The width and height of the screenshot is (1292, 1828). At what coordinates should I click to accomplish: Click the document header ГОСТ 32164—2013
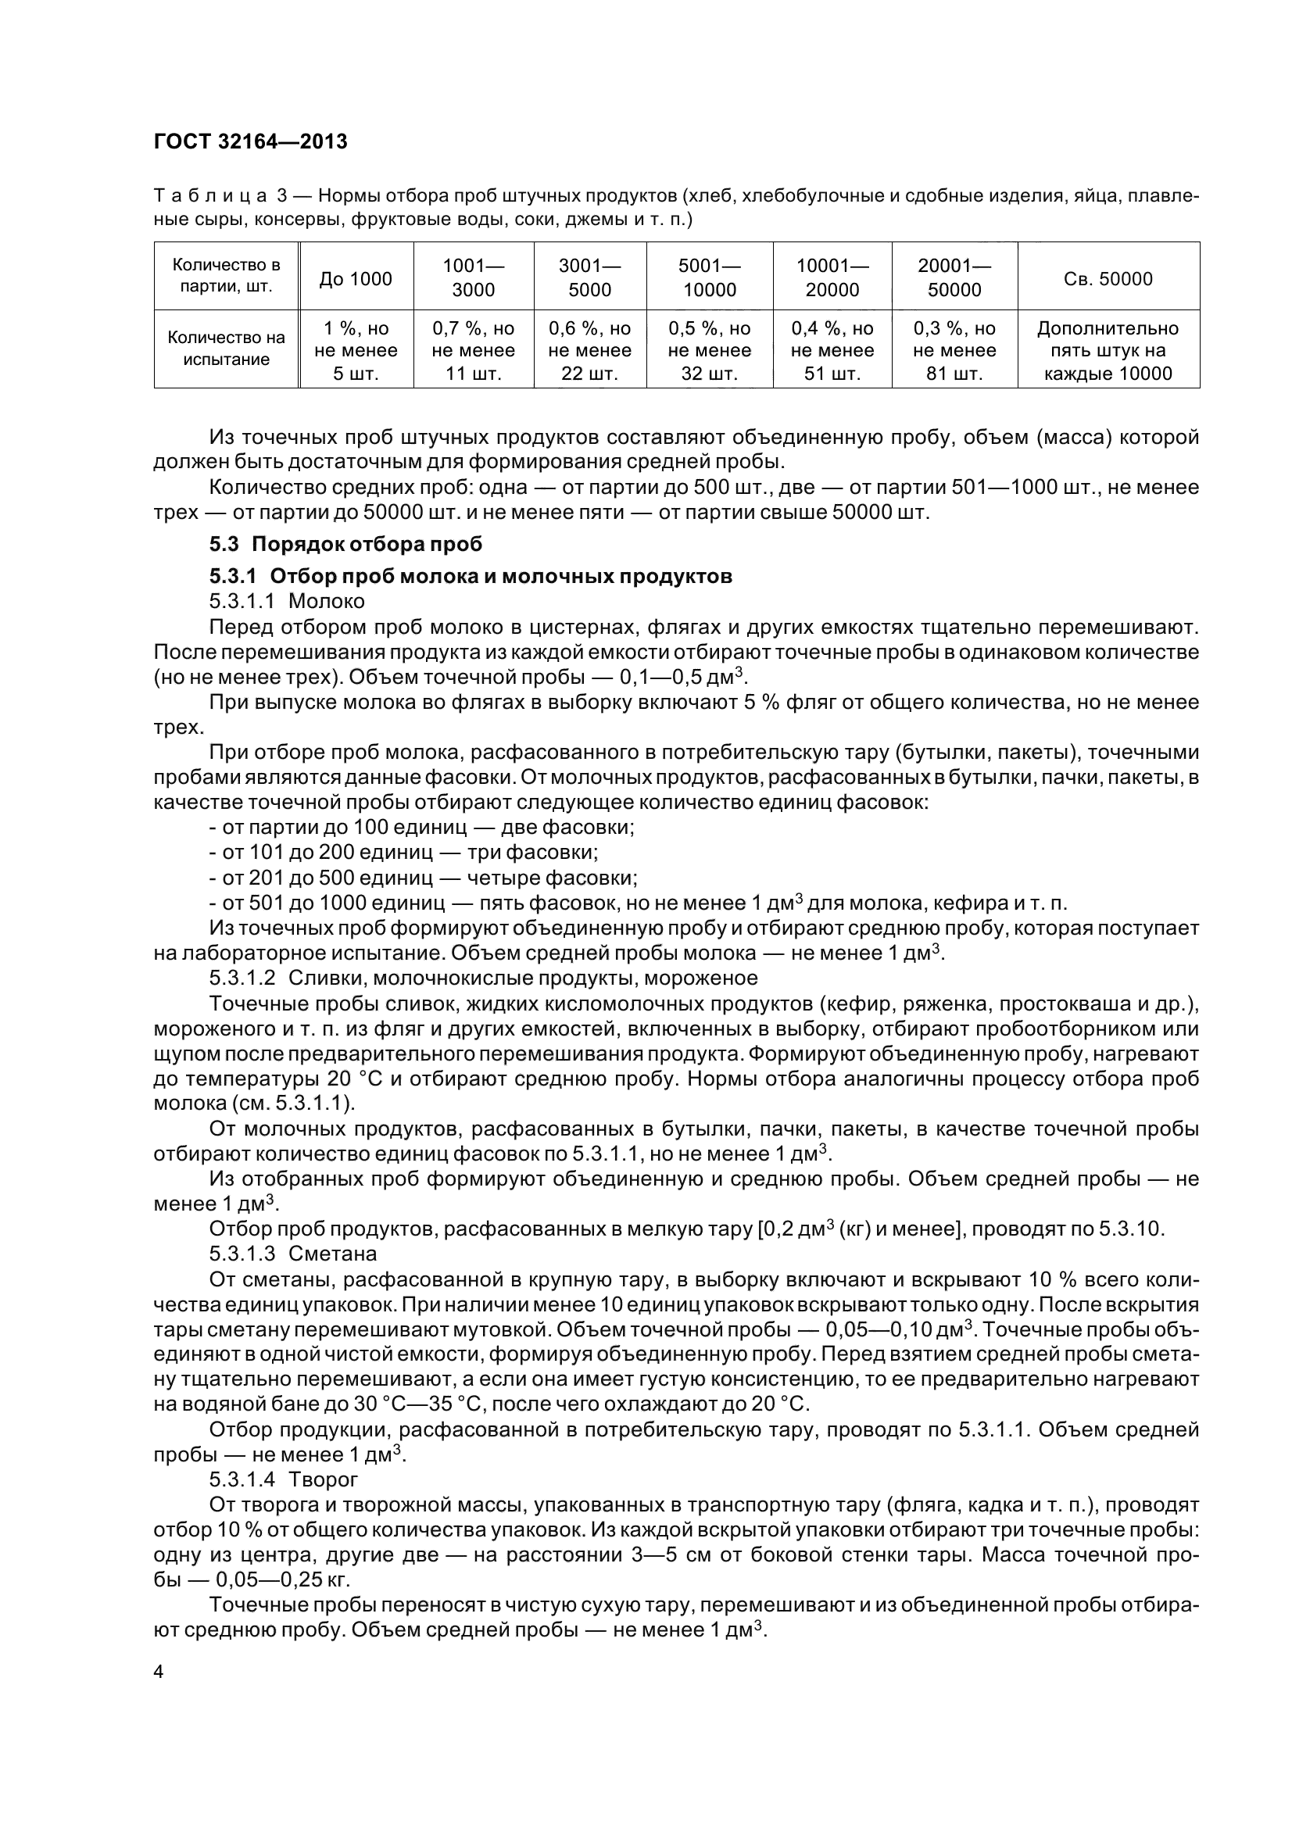(x=251, y=141)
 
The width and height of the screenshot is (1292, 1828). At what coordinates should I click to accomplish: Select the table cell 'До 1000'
(x=355, y=279)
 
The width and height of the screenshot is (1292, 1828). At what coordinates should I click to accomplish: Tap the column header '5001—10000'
(x=709, y=278)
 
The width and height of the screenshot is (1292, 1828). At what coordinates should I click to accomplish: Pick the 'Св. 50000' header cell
(x=1108, y=279)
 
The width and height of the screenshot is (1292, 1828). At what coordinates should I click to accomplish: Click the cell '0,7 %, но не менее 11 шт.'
(x=474, y=351)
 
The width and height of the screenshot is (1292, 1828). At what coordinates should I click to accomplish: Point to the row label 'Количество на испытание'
(x=226, y=349)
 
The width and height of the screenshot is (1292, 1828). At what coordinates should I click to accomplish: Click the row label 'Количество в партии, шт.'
(x=226, y=275)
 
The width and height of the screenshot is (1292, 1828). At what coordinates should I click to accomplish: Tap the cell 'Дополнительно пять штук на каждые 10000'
(x=1108, y=351)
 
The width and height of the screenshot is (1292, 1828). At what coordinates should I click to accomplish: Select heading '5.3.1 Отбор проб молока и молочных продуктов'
(x=470, y=576)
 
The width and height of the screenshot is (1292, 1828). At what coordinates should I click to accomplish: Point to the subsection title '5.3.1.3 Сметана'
(x=292, y=1254)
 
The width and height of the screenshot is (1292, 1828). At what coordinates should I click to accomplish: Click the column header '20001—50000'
(x=954, y=278)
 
